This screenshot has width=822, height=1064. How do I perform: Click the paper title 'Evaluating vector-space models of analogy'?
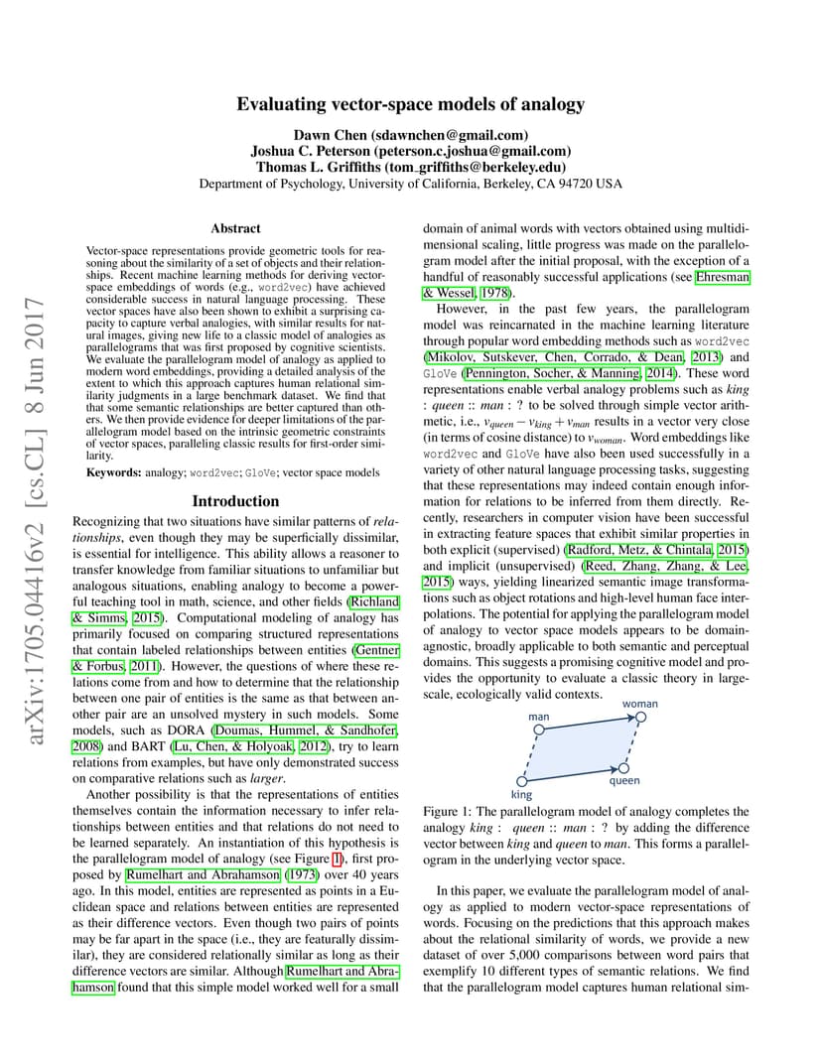click(x=410, y=104)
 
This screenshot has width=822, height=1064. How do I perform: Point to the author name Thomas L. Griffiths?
click(x=316, y=167)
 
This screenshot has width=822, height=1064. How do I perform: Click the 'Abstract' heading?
click(x=236, y=228)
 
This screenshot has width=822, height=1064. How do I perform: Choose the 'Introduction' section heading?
click(x=236, y=501)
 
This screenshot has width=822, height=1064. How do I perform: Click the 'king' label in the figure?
click(x=521, y=794)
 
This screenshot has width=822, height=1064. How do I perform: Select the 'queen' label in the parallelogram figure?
click(x=624, y=780)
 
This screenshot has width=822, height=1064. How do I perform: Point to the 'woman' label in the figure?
click(x=639, y=704)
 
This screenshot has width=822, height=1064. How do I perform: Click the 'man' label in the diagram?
click(x=539, y=717)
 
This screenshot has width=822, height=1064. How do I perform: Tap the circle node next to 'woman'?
click(x=641, y=717)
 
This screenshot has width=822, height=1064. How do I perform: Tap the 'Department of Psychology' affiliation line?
click(x=410, y=184)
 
